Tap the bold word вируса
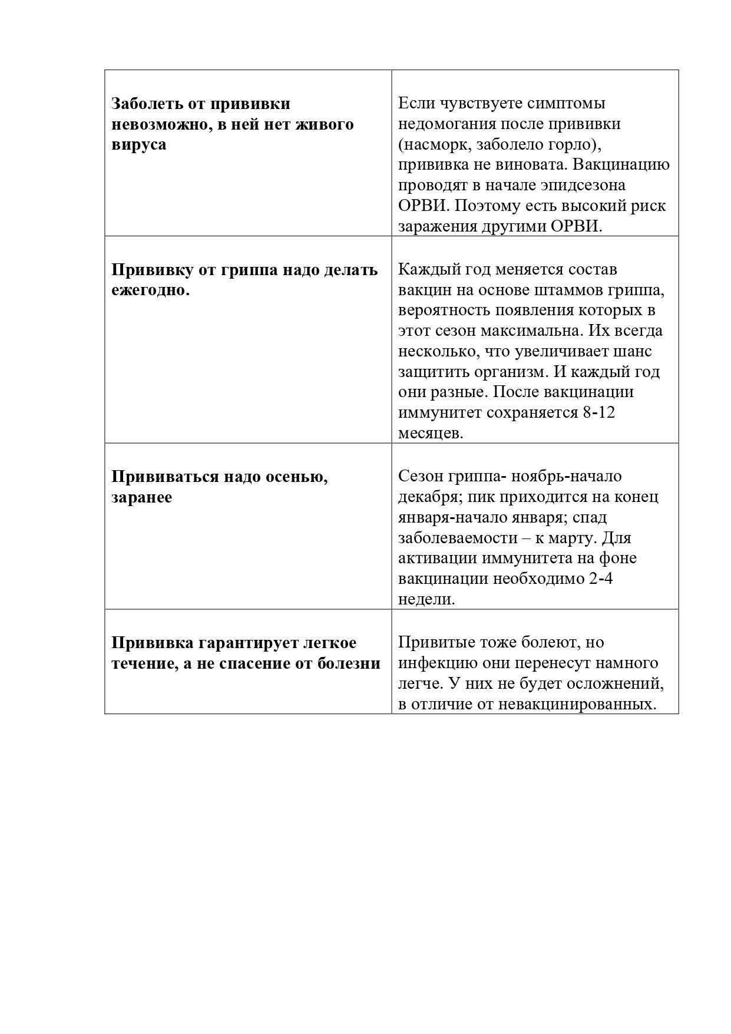point(139,145)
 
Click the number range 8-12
point(598,413)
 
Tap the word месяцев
point(431,434)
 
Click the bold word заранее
point(142,497)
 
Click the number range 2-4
point(601,579)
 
